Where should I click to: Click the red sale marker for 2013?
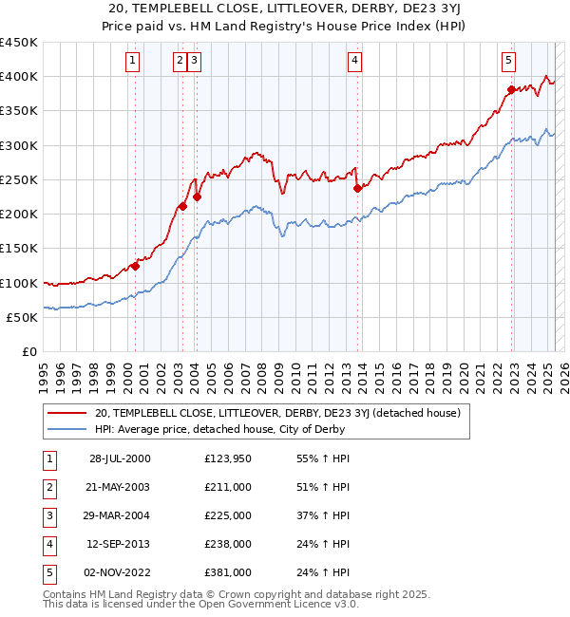tap(357, 188)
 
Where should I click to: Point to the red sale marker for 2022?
tap(511, 90)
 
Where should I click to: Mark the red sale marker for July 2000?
tap(135, 267)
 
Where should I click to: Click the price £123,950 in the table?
tap(228, 458)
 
